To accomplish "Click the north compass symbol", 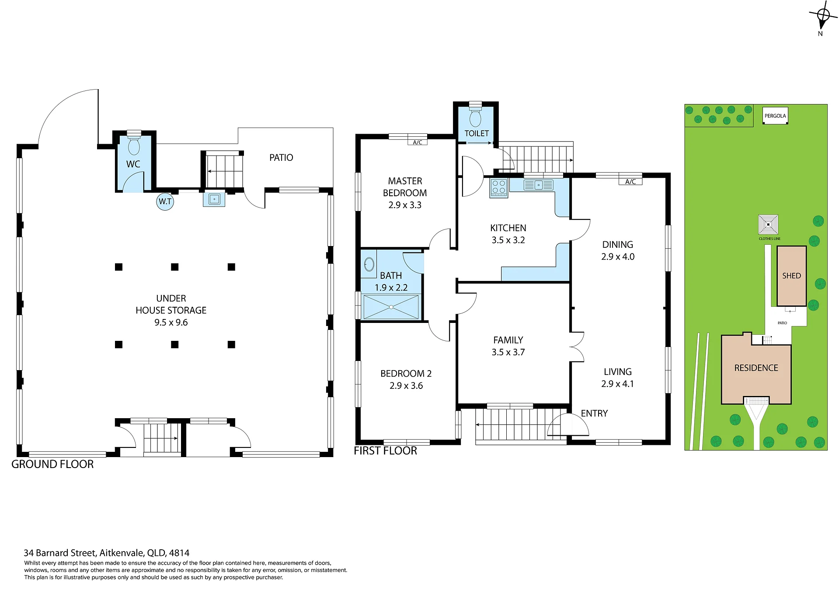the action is click(x=823, y=17).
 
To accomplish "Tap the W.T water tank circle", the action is click(x=165, y=201).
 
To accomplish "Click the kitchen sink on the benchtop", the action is click(x=539, y=185).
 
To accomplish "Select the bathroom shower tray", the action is click(x=391, y=307).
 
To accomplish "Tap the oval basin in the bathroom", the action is click(x=369, y=264).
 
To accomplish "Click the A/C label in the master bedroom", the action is click(x=418, y=142).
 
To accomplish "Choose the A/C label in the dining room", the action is click(x=630, y=182).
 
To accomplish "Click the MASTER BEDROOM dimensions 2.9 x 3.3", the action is click(x=405, y=205).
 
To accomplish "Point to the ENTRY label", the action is click(x=594, y=413).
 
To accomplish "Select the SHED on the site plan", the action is click(x=791, y=276).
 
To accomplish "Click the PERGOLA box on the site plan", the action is click(x=775, y=116).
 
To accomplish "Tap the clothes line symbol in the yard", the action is click(x=768, y=225).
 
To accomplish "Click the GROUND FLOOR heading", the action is click(x=52, y=464).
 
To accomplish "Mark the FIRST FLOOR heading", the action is click(x=385, y=451).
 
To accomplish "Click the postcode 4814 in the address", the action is click(x=179, y=553).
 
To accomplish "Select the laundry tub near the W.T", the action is click(x=214, y=199).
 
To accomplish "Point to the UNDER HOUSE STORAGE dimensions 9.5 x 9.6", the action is click(x=171, y=323).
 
